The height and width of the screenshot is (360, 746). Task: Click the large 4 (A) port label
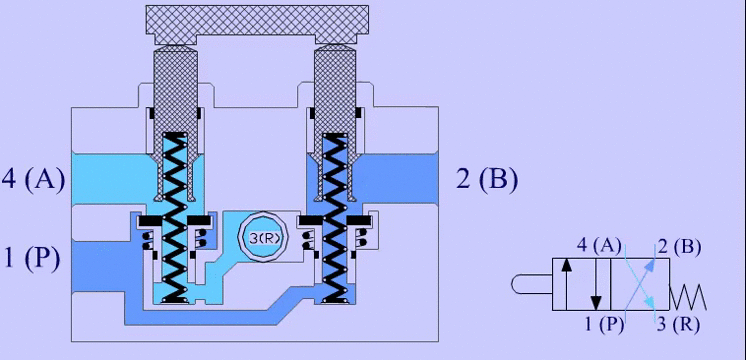click(33, 181)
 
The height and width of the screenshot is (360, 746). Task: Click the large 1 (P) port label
click(31, 258)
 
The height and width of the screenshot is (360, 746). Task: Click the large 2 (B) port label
click(487, 180)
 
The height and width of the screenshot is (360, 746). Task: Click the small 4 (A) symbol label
click(600, 245)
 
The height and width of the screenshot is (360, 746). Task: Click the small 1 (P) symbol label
click(605, 322)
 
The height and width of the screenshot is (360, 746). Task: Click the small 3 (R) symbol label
click(679, 323)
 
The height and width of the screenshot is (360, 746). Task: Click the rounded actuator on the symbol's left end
click(533, 285)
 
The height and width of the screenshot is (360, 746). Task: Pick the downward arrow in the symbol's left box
click(596, 285)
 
